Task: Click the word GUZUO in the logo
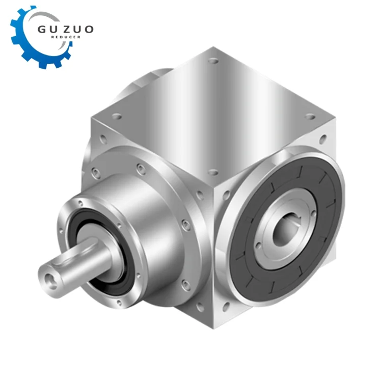pyautogui.click(x=66, y=30)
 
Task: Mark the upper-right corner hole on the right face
pyautogui.click(x=322, y=138)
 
